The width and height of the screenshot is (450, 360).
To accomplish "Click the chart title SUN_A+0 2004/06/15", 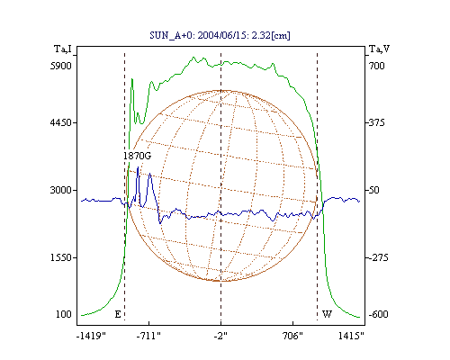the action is click(x=220, y=35).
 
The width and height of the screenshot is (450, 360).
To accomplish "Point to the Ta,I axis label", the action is click(x=63, y=49).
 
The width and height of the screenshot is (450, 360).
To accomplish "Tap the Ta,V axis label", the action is click(x=379, y=49).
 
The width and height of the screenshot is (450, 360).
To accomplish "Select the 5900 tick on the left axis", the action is click(x=61, y=66).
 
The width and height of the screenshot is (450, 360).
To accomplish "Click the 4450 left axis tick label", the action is click(x=61, y=122).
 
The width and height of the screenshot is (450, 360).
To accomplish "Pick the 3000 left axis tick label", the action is click(x=61, y=190).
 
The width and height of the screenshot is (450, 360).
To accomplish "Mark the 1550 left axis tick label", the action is click(x=61, y=257).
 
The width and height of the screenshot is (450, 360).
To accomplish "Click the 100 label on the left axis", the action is click(x=64, y=314).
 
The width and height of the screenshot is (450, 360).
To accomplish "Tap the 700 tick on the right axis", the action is click(x=377, y=66).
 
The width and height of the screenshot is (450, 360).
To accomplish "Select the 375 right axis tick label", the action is click(x=377, y=122).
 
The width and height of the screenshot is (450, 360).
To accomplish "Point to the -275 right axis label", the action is click(x=378, y=257).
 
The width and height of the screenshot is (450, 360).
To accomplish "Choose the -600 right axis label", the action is click(x=378, y=314).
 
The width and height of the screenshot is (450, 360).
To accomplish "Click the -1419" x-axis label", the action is click(x=91, y=336).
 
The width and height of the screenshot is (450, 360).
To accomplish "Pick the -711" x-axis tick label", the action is click(x=148, y=336).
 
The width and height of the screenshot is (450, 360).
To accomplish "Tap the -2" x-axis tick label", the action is click(x=220, y=336).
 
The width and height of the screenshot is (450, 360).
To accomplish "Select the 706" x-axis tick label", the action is click(x=292, y=336).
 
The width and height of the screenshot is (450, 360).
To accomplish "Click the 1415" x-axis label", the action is click(x=351, y=336).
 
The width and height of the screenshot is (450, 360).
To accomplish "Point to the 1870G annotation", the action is click(x=138, y=156).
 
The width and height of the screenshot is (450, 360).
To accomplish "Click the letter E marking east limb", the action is click(x=118, y=314).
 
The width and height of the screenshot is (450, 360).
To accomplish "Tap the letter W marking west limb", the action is click(x=327, y=314).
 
